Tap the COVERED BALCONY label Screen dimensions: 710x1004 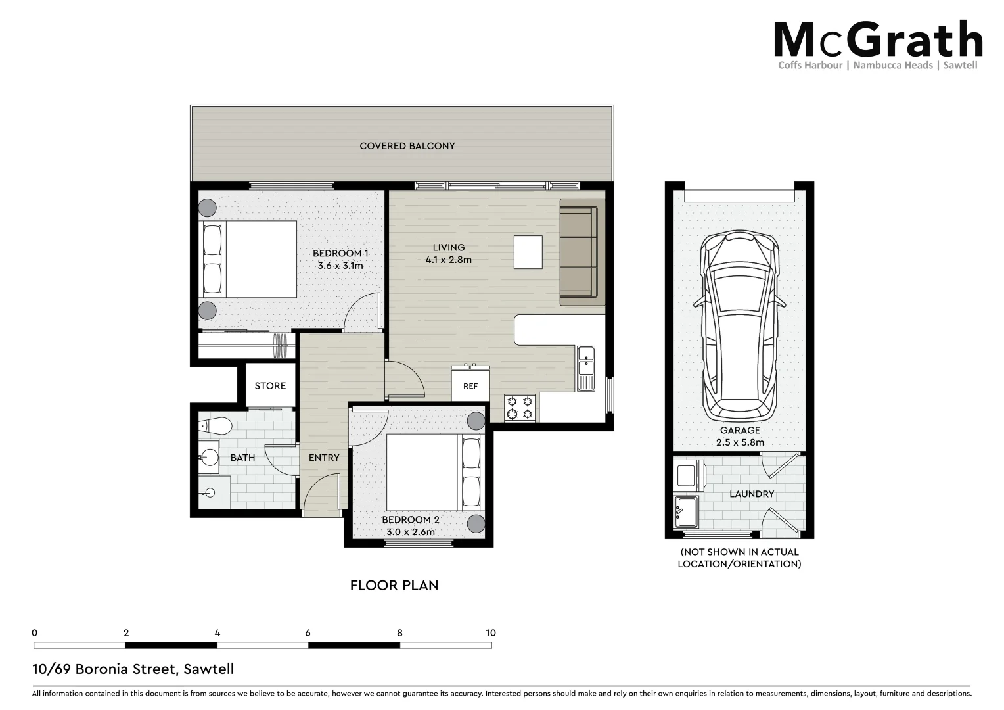tap(407, 146)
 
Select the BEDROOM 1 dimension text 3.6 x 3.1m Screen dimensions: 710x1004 tap(340, 266)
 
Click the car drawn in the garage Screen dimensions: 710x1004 tap(739, 325)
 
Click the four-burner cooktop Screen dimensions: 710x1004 tap(520, 407)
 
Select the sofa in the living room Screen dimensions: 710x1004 tap(581, 252)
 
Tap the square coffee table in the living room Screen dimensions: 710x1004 tap(528, 252)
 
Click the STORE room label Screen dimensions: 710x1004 tap(270, 386)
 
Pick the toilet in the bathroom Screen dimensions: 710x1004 tap(216, 426)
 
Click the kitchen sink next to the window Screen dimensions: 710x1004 tap(585, 368)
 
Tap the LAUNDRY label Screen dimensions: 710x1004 tap(752, 494)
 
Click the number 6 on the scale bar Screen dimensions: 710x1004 tap(308, 633)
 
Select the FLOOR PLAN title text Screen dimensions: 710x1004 tap(394, 585)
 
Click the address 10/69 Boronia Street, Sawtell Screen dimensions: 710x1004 tap(133, 669)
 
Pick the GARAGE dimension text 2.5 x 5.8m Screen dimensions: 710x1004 tap(740, 442)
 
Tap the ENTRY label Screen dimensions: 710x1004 tap(324, 458)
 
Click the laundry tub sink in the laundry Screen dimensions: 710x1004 tap(687, 511)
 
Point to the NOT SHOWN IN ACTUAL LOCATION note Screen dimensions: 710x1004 tap(739, 558)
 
